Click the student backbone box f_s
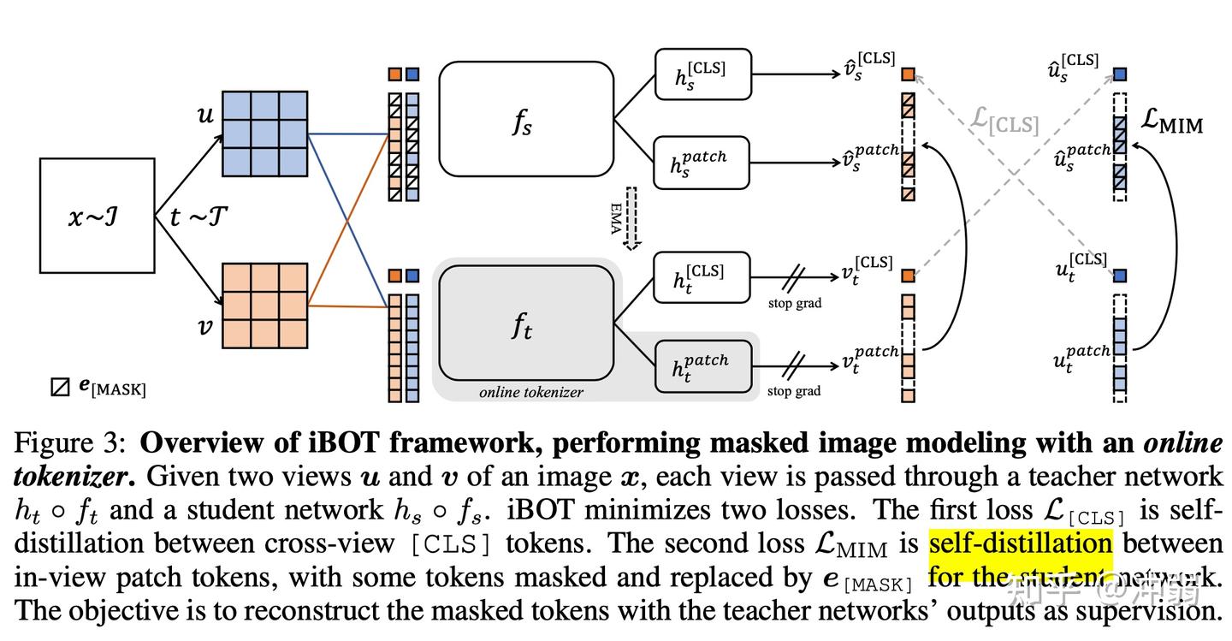coord(525,119)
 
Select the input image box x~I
coord(98,216)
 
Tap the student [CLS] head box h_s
coord(702,74)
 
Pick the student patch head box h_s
coord(702,162)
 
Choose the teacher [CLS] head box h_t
coord(702,276)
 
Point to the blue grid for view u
coord(264,132)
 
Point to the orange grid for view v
coord(264,305)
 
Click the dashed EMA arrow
coord(631,218)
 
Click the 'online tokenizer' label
coord(530,392)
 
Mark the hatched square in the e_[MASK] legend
coord(60,387)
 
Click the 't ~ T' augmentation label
coord(198,217)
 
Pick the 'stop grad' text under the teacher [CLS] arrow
coord(794,303)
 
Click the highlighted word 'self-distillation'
coord(1020,543)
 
